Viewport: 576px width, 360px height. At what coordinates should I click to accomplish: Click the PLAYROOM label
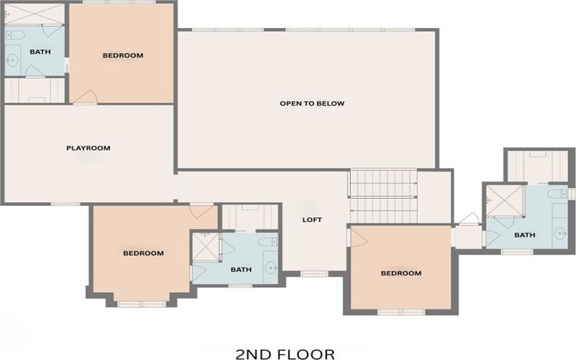point(88,148)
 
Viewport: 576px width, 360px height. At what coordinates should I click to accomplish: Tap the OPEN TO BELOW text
point(312,104)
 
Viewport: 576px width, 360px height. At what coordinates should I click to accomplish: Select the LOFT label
point(312,220)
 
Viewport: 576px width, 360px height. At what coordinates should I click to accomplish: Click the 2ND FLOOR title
point(285,354)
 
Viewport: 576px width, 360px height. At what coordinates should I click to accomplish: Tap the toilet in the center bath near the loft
point(266,242)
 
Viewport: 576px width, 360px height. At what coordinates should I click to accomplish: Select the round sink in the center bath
point(271,267)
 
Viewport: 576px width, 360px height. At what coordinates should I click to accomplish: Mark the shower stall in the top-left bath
point(34,14)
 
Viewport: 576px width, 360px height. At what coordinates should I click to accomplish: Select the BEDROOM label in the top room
point(122,55)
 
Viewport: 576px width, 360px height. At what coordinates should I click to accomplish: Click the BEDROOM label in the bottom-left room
point(143,253)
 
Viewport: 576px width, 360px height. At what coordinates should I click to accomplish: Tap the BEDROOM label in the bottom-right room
point(400,274)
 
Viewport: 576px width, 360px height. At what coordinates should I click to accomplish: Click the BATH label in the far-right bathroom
point(524,235)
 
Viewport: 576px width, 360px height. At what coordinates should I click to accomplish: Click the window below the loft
point(314,274)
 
